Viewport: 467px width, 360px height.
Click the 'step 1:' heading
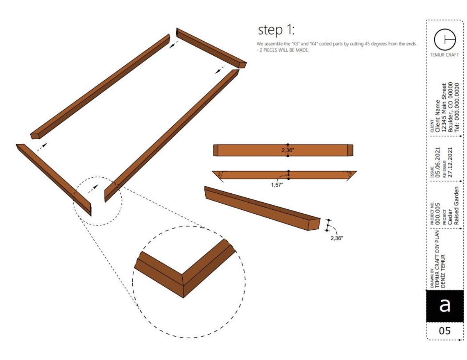point(276,30)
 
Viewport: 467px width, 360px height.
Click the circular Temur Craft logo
point(444,39)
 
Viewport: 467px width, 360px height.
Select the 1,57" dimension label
point(277,185)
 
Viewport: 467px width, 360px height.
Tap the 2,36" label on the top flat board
point(288,150)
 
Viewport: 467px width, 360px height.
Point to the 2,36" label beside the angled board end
point(336,238)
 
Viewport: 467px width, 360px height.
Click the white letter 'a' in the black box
point(444,306)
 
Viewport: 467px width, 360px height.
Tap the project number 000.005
point(438,213)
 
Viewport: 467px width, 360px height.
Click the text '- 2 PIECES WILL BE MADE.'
point(283,50)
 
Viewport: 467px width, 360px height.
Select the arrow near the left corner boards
point(41,147)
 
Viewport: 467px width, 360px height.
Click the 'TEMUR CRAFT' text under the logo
point(444,55)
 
